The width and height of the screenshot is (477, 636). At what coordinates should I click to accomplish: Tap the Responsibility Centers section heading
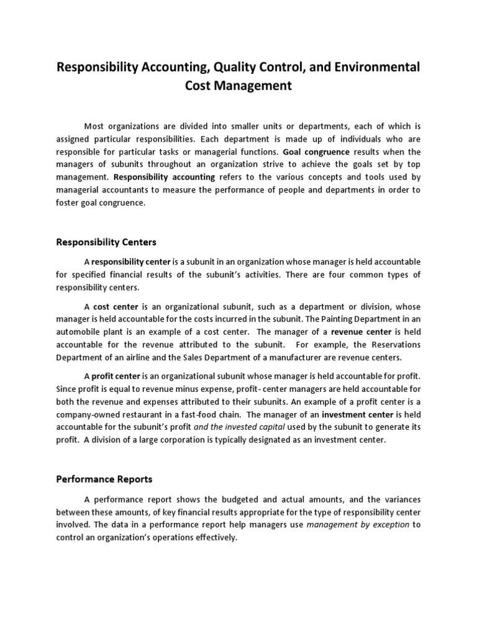pos(106,242)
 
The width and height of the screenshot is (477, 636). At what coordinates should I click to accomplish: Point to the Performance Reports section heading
pos(104,479)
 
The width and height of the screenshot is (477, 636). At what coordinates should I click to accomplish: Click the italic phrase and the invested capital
pos(240,427)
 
